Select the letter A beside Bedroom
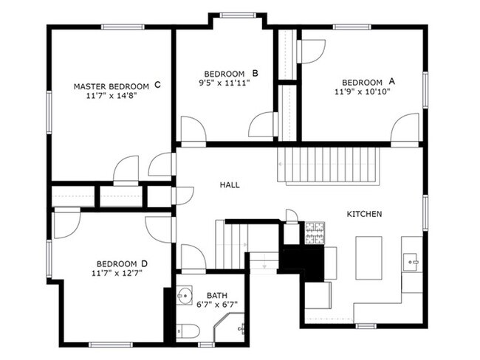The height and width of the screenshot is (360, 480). [392, 82]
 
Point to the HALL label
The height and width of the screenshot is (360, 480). [230, 185]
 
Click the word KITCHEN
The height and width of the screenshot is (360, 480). [364, 214]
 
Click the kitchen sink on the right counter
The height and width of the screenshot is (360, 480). [411, 260]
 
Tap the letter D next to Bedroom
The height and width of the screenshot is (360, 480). [145, 263]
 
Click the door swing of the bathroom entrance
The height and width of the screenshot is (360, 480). [193, 258]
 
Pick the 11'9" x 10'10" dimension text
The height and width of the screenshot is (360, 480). [362, 91]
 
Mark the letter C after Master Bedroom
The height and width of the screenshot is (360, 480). [157, 86]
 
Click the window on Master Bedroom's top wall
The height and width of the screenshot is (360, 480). [123, 27]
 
